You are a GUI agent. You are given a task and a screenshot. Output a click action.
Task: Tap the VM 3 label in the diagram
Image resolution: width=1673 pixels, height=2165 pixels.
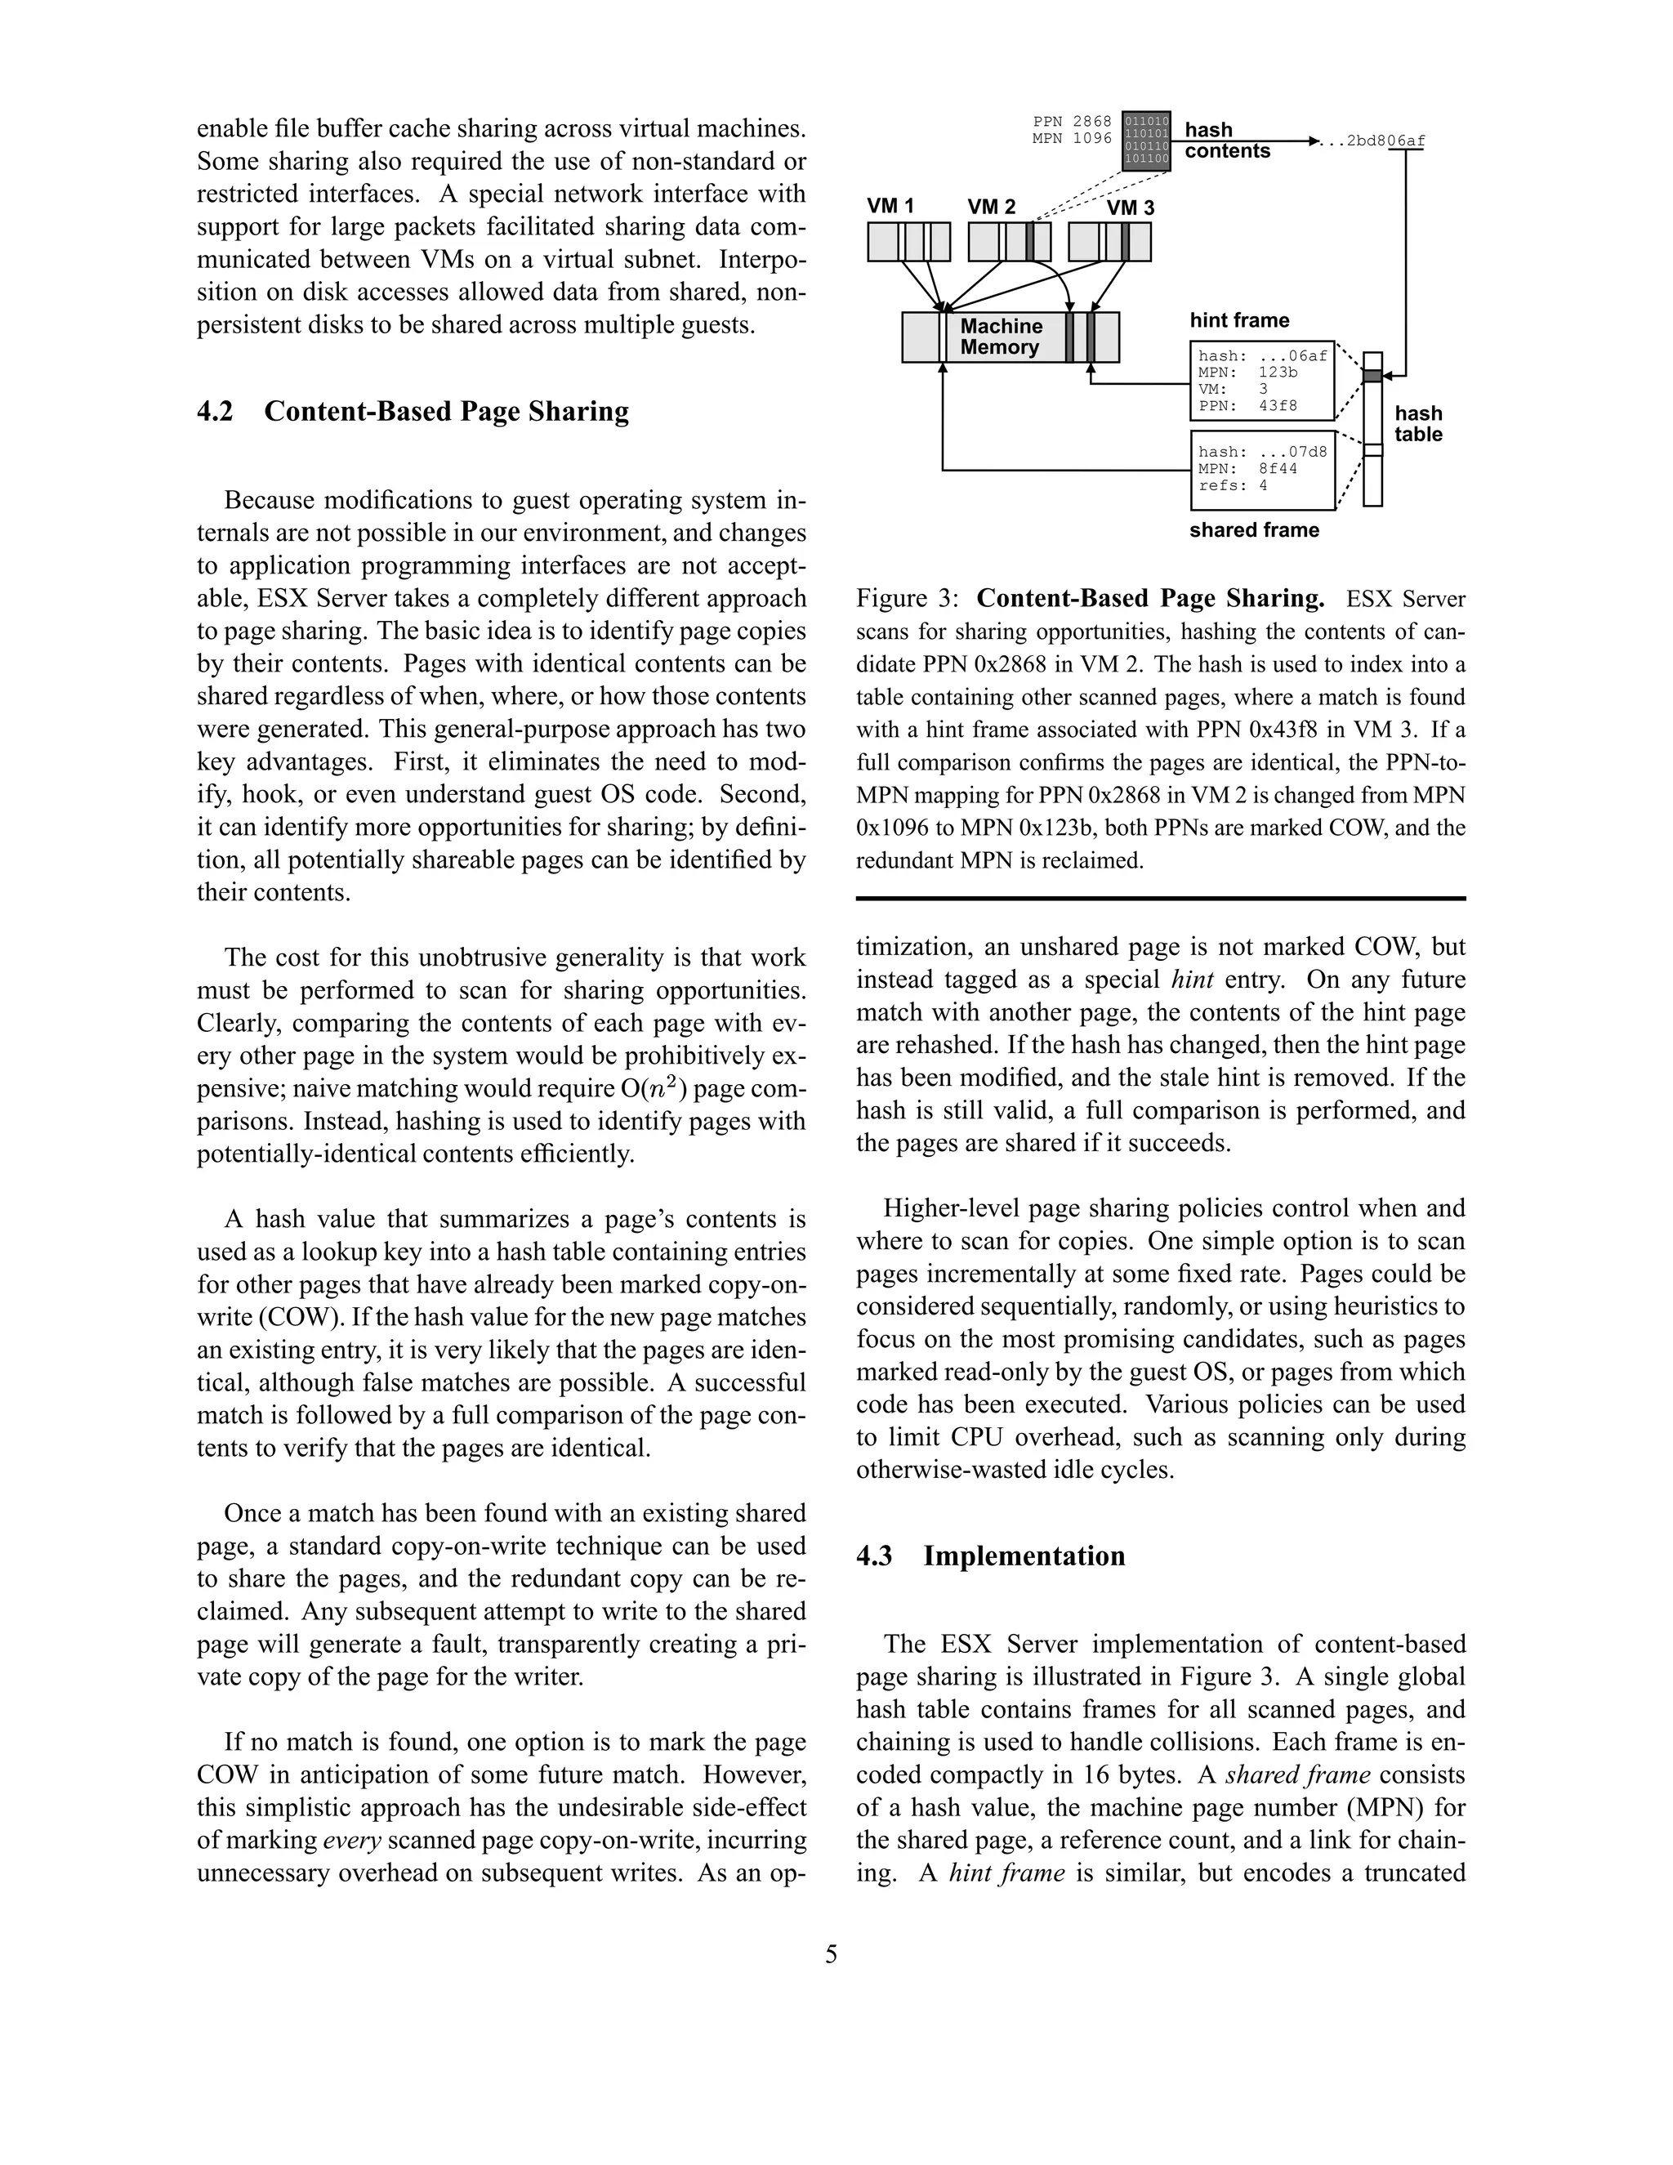[x=1130, y=208]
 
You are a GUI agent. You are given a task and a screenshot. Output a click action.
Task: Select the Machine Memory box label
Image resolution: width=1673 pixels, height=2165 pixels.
[x=1000, y=337]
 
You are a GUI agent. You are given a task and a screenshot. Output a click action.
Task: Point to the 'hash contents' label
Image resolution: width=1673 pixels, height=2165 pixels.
[x=1226, y=140]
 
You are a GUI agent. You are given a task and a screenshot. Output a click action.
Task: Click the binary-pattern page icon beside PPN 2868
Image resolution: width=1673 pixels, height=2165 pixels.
[x=1146, y=140]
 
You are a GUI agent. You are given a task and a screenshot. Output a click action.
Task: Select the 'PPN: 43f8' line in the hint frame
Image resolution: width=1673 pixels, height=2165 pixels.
[x=1247, y=405]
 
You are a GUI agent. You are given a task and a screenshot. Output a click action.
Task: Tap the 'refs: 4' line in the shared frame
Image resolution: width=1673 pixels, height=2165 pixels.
[x=1232, y=486]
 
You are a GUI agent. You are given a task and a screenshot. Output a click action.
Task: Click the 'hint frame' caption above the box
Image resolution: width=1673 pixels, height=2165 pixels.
[x=1239, y=320]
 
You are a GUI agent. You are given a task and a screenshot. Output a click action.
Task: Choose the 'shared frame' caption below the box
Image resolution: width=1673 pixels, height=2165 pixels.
[x=1254, y=530]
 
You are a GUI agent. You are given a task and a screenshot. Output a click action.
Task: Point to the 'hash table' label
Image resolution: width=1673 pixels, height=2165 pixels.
[x=1417, y=424]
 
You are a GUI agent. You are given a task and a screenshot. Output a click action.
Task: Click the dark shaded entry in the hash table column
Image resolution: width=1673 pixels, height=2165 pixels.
[x=1372, y=376]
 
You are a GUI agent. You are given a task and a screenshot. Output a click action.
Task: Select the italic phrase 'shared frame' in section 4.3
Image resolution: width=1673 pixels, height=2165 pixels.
[x=1297, y=1774]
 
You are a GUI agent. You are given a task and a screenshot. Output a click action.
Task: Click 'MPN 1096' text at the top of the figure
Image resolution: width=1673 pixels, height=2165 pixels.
[x=1072, y=139]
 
